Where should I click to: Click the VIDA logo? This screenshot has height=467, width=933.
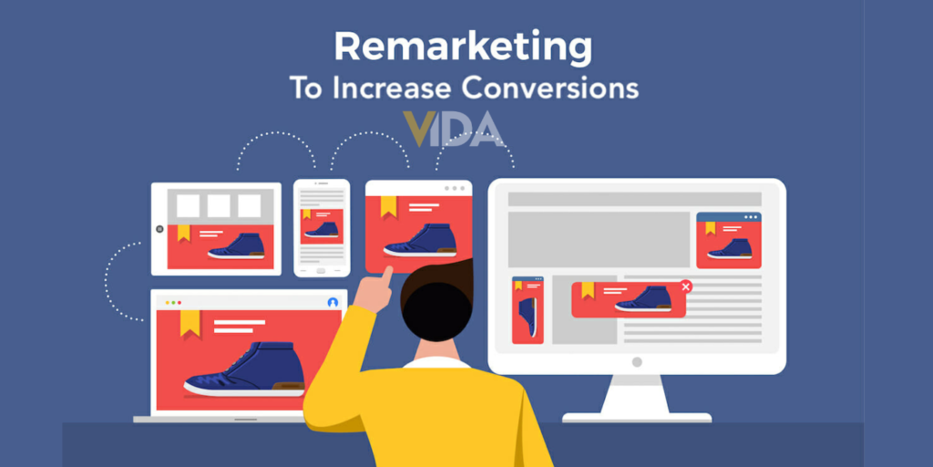click(x=454, y=129)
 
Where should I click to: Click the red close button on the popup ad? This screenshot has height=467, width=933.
click(x=686, y=286)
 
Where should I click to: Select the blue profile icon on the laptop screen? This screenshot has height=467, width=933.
click(x=333, y=302)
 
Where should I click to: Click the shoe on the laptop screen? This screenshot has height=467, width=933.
click(x=244, y=370)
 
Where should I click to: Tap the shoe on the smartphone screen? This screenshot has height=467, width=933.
click(x=322, y=229)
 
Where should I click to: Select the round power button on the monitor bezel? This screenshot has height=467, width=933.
click(x=637, y=362)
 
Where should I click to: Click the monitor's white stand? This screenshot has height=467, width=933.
click(x=637, y=398)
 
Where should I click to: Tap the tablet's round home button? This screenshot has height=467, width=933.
click(x=159, y=229)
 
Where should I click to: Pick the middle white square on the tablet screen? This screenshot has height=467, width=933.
click(x=219, y=205)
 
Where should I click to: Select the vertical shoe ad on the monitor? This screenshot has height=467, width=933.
click(x=528, y=310)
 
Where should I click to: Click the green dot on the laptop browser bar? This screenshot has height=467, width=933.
click(x=172, y=302)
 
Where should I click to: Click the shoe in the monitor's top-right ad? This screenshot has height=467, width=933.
click(x=730, y=247)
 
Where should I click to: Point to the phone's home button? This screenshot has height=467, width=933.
click(x=322, y=270)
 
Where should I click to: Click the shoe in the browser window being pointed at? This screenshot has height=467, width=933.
click(x=420, y=240)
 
